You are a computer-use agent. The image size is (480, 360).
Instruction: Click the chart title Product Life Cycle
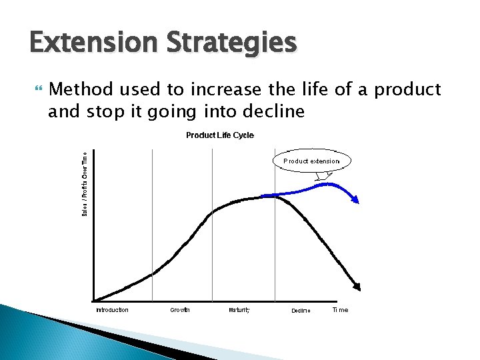pyautogui.click(x=219, y=135)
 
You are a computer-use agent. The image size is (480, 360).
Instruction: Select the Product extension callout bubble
pyautogui.click(x=311, y=161)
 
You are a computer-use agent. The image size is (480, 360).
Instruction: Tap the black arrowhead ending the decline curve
pyautogui.click(x=357, y=287)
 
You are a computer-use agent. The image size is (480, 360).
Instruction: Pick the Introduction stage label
pyautogui.click(x=112, y=310)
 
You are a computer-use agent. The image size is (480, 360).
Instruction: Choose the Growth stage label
pyautogui.click(x=180, y=310)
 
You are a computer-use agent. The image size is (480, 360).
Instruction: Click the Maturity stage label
pyautogui.click(x=239, y=310)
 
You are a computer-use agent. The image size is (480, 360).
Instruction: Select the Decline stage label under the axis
pyautogui.click(x=301, y=311)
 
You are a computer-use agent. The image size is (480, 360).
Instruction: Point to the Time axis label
pyautogui.click(x=340, y=310)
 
